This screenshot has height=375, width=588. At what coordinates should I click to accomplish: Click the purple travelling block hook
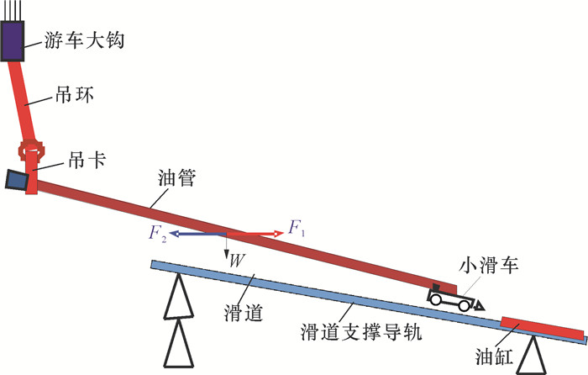click(14, 41)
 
